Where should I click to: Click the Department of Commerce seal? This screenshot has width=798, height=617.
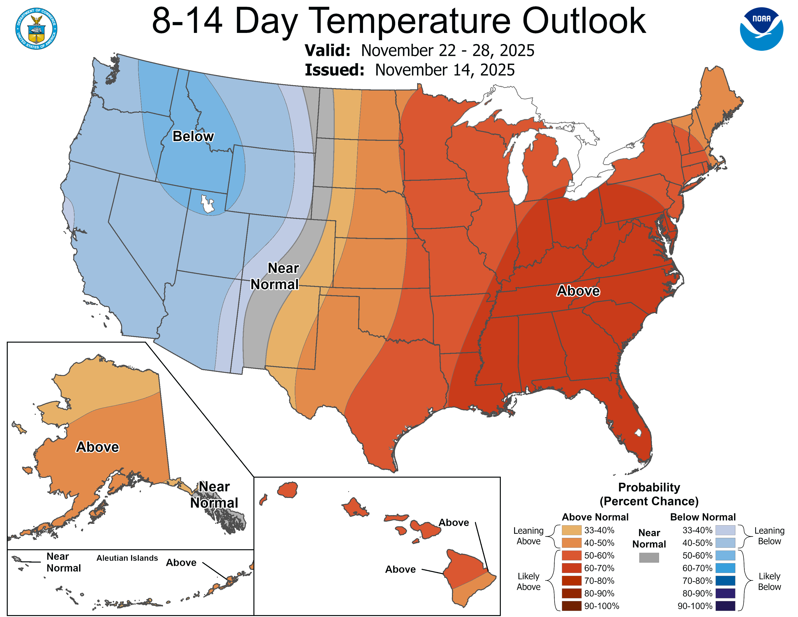coord(36,29)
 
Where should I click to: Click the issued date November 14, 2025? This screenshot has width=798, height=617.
coord(445,70)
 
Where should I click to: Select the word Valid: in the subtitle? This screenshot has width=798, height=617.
coord(327,50)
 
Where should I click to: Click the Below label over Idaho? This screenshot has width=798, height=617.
coord(193,136)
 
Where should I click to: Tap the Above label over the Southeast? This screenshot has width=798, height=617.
coord(578,291)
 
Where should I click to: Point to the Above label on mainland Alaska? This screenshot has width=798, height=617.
coord(97,447)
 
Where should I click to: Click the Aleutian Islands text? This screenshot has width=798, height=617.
coord(127,558)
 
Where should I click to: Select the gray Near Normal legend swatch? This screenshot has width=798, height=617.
coord(649,557)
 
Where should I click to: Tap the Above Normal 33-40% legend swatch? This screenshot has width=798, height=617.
coord(571,530)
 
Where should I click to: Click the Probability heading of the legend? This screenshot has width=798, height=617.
coord(649,487)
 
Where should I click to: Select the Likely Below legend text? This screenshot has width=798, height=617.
coord(769,581)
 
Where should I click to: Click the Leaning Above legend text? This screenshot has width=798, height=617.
coord(528,535)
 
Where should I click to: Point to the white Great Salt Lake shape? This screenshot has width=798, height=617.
coord(207,204)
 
